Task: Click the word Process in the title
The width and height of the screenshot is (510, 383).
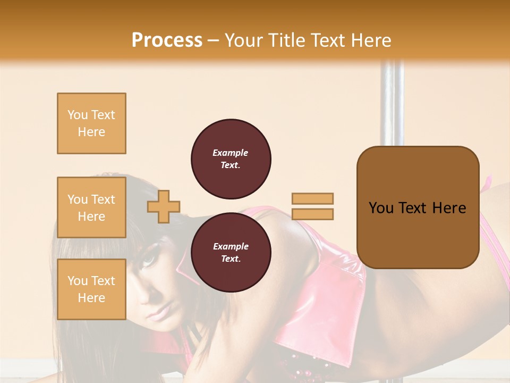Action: coord(167,40)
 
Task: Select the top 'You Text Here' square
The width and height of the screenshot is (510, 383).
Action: coord(91,123)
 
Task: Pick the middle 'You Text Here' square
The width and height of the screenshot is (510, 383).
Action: coord(91,207)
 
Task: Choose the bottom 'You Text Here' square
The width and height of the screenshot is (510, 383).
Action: coord(91,289)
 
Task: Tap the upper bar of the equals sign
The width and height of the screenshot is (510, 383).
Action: coord(312,199)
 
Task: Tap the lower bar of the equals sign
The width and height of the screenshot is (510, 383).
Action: coord(312,214)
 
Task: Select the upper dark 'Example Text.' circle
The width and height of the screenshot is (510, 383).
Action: coord(231,159)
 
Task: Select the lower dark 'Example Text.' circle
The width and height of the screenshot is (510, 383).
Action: coord(231,252)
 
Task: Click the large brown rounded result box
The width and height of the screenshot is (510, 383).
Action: coord(418,207)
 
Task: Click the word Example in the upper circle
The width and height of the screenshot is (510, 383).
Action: coord(231,153)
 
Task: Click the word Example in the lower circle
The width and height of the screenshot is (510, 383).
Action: coord(231,246)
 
